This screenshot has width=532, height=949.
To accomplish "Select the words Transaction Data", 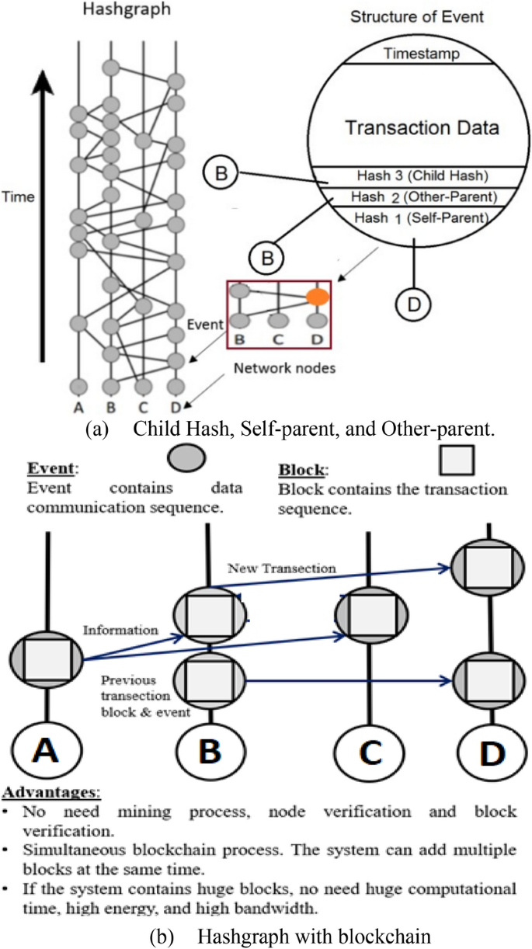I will [422, 127].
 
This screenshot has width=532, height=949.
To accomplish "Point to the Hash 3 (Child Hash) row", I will [422, 176].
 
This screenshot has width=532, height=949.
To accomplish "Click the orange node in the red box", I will [316, 297].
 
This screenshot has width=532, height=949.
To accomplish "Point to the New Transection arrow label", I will [282, 568].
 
